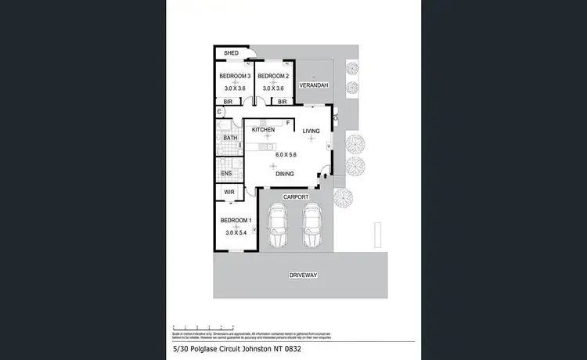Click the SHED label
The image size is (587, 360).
coord(231,53)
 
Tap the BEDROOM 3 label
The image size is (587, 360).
coord(235,76)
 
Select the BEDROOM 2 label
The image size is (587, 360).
coord(274,76)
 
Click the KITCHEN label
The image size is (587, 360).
coord(263,129)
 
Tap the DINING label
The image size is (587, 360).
coord(285,174)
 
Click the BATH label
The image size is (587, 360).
coord(230,139)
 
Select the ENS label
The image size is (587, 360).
coord(226,173)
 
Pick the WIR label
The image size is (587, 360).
coord(229,192)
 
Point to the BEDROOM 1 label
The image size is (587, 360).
coord(235,220)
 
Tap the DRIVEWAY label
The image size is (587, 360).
coord(303,275)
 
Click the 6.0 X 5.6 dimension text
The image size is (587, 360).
coord(286,155)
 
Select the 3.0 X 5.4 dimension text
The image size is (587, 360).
coord(236,232)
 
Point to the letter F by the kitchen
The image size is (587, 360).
coord(288,123)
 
